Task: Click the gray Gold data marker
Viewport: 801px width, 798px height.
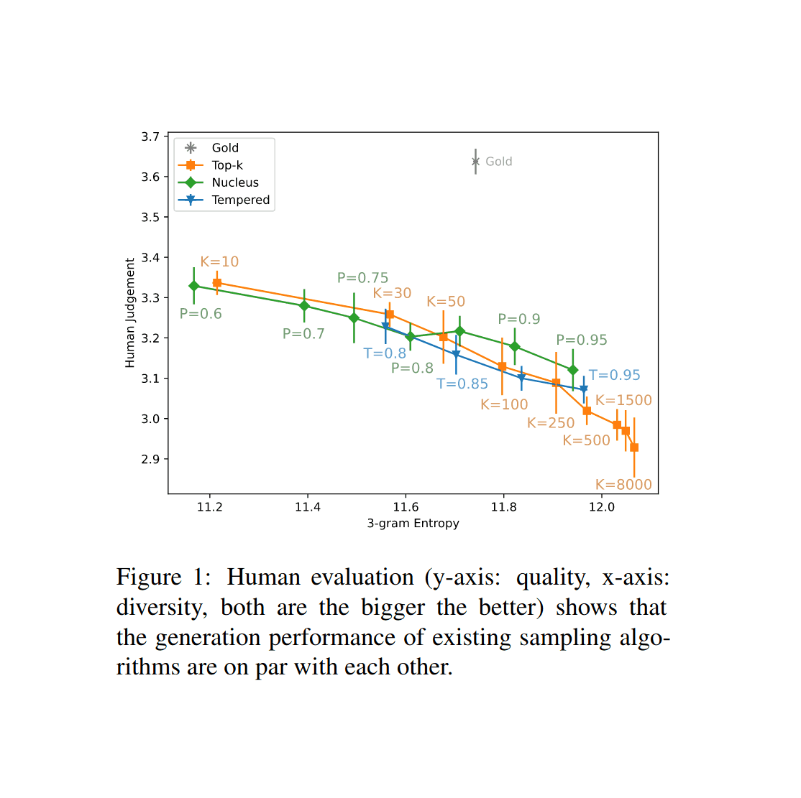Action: click(475, 162)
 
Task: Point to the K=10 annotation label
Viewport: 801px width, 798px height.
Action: click(219, 262)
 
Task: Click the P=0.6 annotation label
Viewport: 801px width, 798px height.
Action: click(201, 314)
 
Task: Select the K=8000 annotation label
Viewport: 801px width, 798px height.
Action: click(623, 485)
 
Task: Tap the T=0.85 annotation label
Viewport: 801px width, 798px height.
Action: click(462, 384)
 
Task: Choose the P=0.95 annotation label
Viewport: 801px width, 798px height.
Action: click(581, 340)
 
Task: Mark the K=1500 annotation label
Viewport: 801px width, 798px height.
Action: click(623, 401)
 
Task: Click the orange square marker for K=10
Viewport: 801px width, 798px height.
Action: click(217, 283)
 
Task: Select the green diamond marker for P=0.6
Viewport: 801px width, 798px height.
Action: click(193, 286)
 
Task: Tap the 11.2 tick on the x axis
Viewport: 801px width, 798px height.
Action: click(209, 507)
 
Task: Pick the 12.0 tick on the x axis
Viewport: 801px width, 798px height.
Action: click(602, 507)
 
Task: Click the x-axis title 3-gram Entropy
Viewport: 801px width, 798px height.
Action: click(413, 524)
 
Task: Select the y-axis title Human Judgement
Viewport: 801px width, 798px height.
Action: click(130, 313)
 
